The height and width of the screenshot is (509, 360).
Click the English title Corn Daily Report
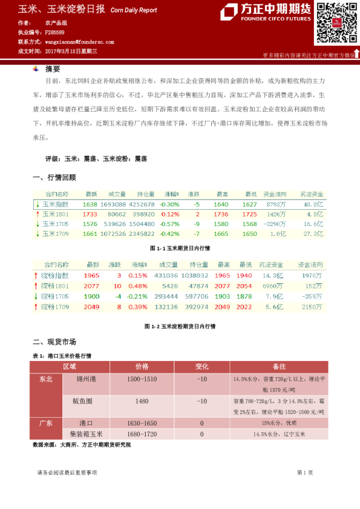point(134,10)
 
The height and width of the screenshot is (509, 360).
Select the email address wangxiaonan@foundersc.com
point(79,42)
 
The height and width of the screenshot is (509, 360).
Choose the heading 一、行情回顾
point(54,178)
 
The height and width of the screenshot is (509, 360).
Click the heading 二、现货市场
point(54,342)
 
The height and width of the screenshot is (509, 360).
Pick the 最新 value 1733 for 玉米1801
point(90,214)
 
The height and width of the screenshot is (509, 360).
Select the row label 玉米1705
point(56,224)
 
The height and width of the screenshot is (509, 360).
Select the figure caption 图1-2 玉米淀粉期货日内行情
point(180,326)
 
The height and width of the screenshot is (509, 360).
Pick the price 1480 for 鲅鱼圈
point(142,401)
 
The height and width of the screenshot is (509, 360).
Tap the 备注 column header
point(279,367)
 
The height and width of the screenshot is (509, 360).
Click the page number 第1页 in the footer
point(304,472)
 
